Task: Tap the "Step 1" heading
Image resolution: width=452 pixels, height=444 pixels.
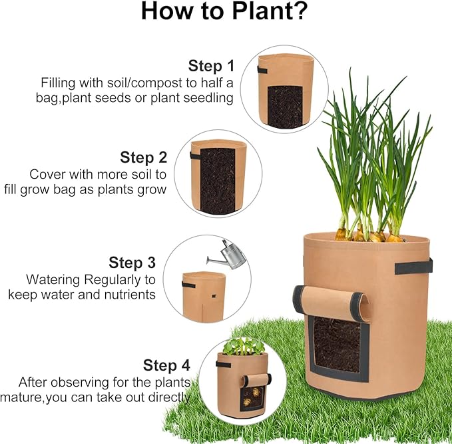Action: click(211, 66)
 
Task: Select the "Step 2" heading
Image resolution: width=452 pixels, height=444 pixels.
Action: click(143, 158)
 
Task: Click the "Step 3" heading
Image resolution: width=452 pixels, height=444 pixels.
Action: click(132, 263)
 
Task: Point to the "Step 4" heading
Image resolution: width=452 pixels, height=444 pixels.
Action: click(166, 365)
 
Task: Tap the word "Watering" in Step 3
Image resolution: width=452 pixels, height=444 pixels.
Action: click(53, 279)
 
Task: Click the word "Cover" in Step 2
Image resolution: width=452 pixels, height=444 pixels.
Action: click(47, 174)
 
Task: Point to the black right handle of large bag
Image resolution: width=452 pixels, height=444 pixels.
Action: click(413, 267)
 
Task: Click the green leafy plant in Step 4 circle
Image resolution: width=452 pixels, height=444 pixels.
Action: click(244, 345)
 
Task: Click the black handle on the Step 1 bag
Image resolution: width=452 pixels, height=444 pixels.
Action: click(262, 70)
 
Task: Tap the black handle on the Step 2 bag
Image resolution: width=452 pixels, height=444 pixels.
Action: click(196, 156)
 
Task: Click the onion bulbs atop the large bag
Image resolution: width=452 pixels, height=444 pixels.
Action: click(367, 235)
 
